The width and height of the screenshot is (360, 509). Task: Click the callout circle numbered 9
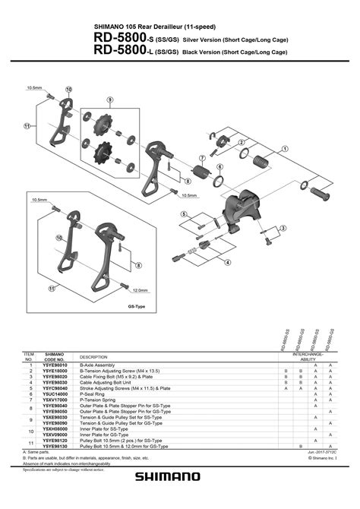(x=109, y=100)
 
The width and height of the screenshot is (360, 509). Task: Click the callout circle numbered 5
(x=183, y=215)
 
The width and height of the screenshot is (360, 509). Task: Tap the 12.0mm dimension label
(x=140, y=290)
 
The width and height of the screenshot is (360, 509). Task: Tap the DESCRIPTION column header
(x=93, y=357)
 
